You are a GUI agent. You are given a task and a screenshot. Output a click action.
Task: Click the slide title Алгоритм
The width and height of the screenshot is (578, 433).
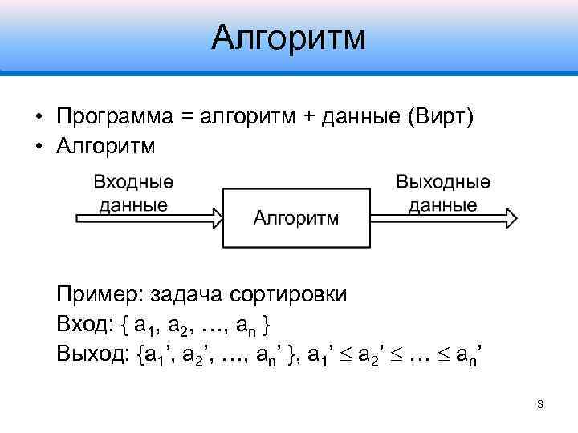[x=289, y=37]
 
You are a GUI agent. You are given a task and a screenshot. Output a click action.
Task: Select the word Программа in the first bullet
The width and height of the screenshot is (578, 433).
[x=115, y=117]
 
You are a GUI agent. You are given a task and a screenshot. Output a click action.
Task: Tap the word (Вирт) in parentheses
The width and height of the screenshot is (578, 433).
[x=441, y=117]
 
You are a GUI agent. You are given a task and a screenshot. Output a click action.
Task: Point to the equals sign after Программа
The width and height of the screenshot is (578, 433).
[x=187, y=117]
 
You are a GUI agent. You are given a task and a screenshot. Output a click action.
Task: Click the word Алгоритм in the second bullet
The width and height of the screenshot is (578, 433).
[x=106, y=148]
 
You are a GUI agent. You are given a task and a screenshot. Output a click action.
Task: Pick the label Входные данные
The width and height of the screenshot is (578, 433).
[x=133, y=193]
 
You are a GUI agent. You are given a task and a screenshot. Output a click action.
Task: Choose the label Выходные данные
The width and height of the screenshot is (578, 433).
[x=442, y=193]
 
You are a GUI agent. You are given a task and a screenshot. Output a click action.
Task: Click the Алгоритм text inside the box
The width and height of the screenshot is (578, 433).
[x=295, y=218]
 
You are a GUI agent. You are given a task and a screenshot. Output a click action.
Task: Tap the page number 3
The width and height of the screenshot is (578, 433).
[x=539, y=404]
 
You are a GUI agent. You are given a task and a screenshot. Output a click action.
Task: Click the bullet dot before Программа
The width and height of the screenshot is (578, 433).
[x=39, y=118]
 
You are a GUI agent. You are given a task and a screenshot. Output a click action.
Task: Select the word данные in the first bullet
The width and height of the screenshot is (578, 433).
[x=360, y=117]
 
